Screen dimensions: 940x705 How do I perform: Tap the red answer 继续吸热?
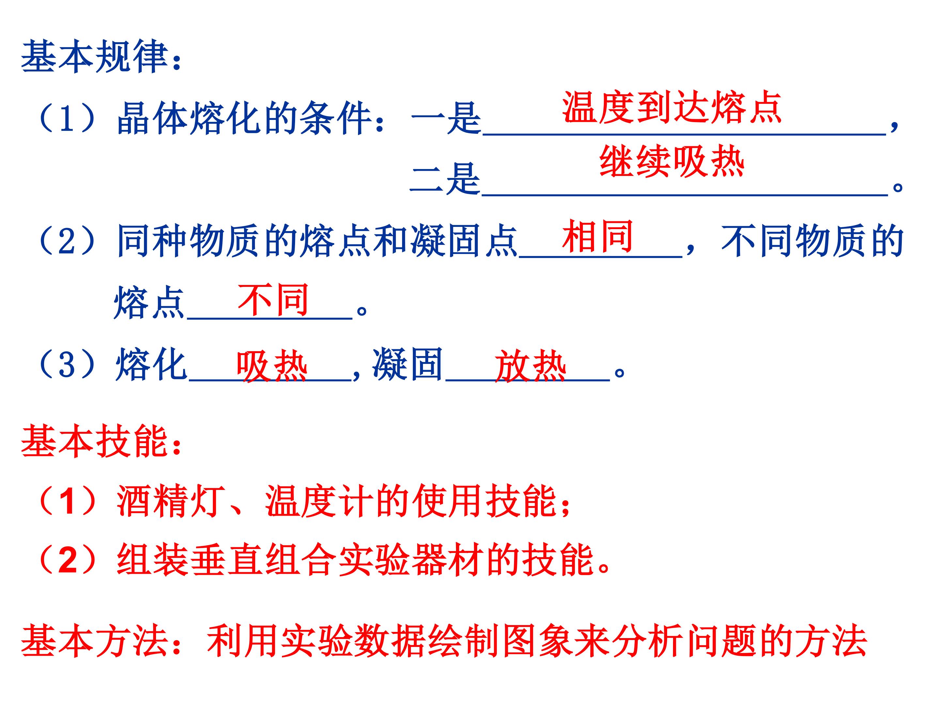click(672, 162)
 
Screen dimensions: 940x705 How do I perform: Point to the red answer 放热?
click(530, 366)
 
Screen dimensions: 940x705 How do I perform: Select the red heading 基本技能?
click(94, 442)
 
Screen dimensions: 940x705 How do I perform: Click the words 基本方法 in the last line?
click(94, 640)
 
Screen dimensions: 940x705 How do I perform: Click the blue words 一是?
click(446, 118)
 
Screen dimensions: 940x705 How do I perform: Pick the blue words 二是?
click(445, 179)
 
